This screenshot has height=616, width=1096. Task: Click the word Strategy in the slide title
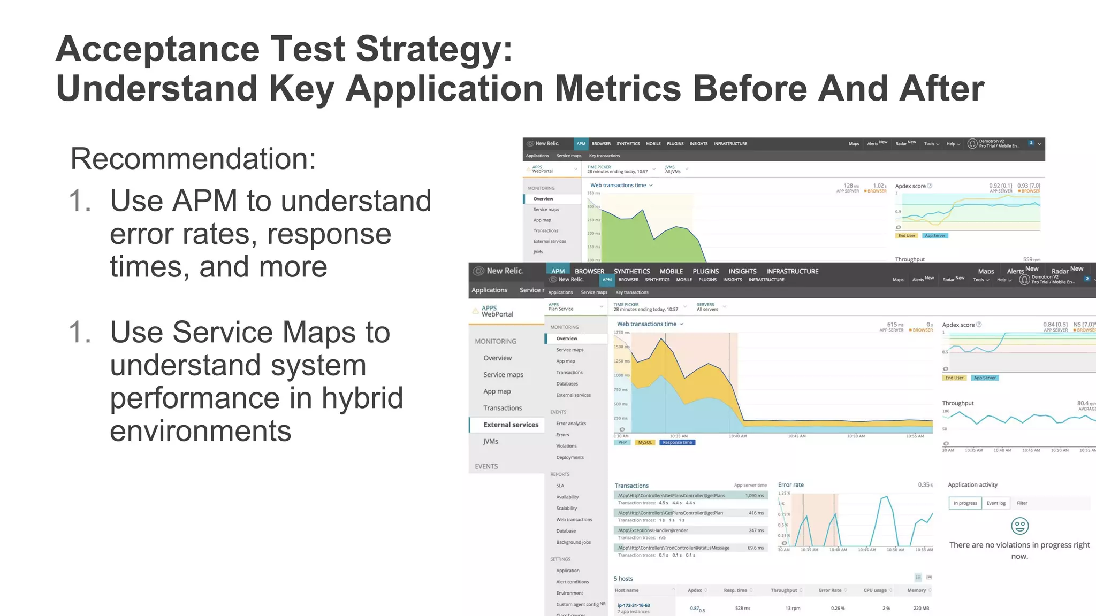(433, 49)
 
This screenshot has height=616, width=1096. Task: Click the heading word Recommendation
(193, 159)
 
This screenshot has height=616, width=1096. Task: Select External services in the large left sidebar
(511, 425)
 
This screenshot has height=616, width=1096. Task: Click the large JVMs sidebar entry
(490, 441)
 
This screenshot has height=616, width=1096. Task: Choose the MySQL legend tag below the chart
(645, 443)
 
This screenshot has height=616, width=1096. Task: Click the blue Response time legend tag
(677, 443)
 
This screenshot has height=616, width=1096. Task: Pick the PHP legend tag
(622, 443)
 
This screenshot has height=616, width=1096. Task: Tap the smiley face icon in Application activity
(1019, 526)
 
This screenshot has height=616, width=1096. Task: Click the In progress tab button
(965, 503)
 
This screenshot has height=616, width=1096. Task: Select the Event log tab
(996, 503)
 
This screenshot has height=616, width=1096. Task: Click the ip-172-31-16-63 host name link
(634, 605)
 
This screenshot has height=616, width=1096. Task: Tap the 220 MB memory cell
(921, 608)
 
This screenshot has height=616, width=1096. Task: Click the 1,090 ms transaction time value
(755, 496)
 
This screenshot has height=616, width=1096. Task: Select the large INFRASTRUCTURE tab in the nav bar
(792, 271)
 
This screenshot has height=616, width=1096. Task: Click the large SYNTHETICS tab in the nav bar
(631, 271)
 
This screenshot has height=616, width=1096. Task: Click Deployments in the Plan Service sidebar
(569, 458)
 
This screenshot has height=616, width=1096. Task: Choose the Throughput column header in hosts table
(783, 590)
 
